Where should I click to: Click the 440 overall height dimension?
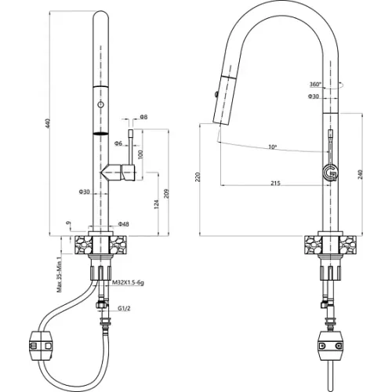pos(47,124)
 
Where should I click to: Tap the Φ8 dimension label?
pos(143,117)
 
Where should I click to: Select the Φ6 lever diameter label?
pos(118,143)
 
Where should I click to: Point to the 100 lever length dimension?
pos(140,154)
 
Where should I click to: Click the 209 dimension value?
pos(167,194)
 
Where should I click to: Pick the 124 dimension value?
pos(156,204)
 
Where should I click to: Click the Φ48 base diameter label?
pos(123,224)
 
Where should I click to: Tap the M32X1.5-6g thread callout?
pos(128,282)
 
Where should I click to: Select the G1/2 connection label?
pos(124,308)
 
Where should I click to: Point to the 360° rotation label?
pos(315,84)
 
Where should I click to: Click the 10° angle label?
pos(272,147)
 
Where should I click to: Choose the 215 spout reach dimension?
pos(275,183)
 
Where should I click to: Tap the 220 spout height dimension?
pos(198,177)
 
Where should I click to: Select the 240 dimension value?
pos(360,174)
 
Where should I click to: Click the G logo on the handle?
pos(330,173)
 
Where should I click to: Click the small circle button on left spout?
pos(100,104)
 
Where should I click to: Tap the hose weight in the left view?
pos(42,346)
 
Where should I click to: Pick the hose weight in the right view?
pos(331,346)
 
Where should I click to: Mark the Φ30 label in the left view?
pos(84,192)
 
